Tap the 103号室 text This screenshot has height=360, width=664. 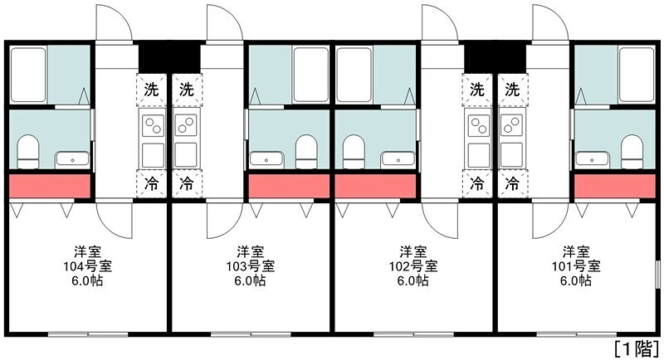click(251, 266)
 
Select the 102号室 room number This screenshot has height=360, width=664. click(413, 266)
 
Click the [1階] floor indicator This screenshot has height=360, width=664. click(637, 347)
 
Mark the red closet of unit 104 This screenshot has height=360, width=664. click(49, 187)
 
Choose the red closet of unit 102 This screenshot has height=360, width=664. click(375, 187)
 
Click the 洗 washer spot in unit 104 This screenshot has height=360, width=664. click(150, 89)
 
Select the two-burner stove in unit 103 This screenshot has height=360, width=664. click(186, 127)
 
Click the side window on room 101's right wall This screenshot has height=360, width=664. click(657, 282)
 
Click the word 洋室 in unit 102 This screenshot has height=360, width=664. click(413, 251)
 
